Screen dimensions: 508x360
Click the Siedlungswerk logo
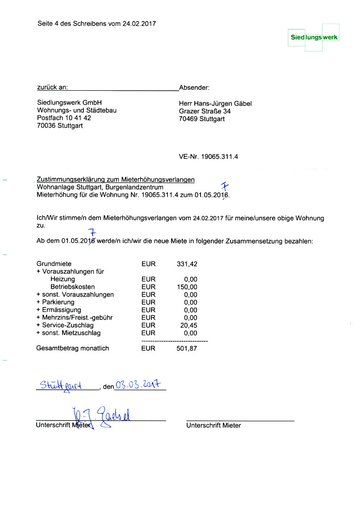pos(314,38)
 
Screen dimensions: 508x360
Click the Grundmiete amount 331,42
pos(187,264)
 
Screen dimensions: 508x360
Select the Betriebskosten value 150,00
pos(187,287)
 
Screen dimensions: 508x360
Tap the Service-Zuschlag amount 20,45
pos(188,325)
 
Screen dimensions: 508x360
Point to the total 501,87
pos(187,348)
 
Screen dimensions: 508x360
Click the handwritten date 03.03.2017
pos(138,384)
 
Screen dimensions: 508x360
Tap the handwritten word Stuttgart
pos(60,386)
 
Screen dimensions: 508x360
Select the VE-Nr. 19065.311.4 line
pos(209,157)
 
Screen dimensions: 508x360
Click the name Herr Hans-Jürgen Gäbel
pos(215,104)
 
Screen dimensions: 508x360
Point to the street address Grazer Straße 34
pos(205,111)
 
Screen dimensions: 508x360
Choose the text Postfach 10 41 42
pos(64,118)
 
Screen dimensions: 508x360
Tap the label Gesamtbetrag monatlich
pos(72,348)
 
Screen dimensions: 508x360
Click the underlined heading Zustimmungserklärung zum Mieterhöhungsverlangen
pos(116,180)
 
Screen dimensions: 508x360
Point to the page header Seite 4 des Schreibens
pos(96,24)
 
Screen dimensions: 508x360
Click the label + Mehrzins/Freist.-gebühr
pos(74,318)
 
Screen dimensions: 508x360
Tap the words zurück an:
pos(52,88)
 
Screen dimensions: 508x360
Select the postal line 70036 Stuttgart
pos(60,126)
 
